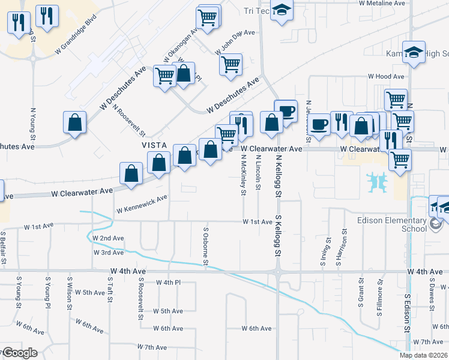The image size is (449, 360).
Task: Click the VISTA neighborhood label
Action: point(153,146)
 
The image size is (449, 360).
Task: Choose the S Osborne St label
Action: point(205,246)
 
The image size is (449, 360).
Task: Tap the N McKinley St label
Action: point(244,175)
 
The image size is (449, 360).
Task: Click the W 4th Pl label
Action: point(168,282)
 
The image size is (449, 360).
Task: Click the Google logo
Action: point(19,353)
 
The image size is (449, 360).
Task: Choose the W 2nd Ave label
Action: point(108,238)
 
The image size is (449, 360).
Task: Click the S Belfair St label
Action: point(4,248)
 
